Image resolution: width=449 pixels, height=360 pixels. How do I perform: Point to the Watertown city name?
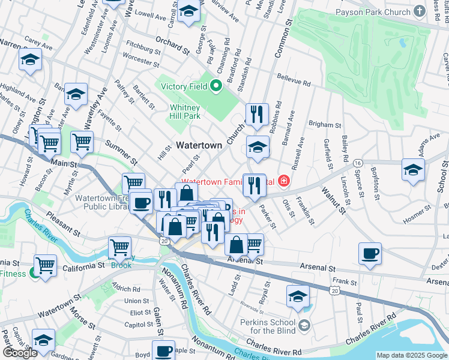[x=199, y=145]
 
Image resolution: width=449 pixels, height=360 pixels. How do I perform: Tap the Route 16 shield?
[x=358, y=163]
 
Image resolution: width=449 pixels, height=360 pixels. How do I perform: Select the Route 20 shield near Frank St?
[x=335, y=290]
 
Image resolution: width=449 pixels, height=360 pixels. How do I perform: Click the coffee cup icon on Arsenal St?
[x=370, y=253]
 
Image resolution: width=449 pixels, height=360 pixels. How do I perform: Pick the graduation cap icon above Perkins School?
[x=298, y=296]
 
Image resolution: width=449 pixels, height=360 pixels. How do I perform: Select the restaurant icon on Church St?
[x=257, y=113]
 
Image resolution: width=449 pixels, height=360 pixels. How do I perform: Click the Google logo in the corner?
[x=20, y=353]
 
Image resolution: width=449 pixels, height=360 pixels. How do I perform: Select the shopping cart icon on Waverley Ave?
[x=82, y=142]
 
